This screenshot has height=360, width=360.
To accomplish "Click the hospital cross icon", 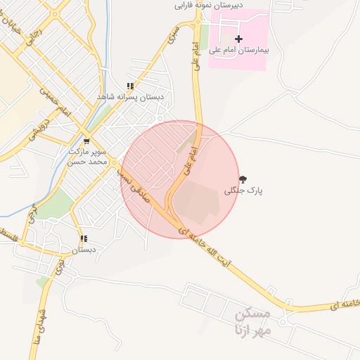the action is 238,39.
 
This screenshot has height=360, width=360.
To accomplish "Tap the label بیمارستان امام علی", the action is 239,51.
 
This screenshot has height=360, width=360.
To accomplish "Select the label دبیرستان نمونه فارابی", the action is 209,5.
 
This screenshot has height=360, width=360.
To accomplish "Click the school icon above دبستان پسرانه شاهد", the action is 130,86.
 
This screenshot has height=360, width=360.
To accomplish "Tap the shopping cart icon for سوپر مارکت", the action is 86,140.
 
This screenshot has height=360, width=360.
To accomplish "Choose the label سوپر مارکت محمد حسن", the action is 86,156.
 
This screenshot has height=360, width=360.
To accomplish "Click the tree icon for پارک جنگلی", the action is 243,179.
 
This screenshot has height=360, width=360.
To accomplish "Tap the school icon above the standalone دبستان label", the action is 84,239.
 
